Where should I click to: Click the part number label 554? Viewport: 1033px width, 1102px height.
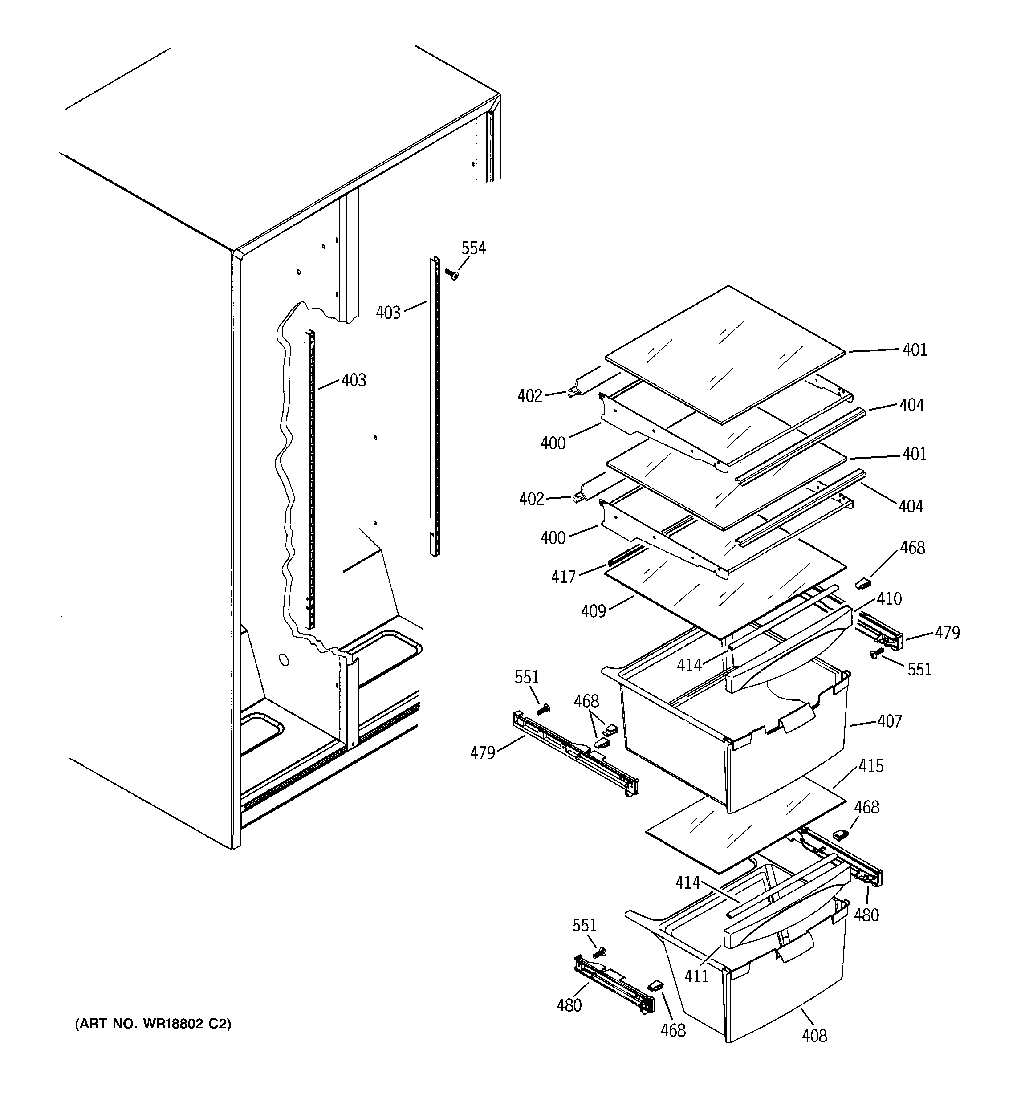click(x=473, y=248)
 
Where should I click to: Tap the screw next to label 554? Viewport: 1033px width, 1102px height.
click(x=452, y=273)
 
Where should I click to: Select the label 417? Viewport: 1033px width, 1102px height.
click(x=563, y=577)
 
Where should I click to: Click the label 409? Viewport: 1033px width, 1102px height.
click(x=593, y=611)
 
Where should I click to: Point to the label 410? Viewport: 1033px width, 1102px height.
click(x=889, y=599)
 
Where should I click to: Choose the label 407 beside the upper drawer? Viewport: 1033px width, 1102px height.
click(x=889, y=721)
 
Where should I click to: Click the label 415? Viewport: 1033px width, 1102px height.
click(x=870, y=766)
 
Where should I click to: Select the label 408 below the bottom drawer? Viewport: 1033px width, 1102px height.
click(x=814, y=1036)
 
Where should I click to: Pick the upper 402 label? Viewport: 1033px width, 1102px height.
click(x=529, y=396)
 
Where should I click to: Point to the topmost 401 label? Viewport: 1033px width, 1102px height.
click(x=915, y=350)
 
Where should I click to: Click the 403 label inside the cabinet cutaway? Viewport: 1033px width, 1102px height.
click(x=354, y=380)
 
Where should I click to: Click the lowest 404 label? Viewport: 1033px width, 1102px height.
click(x=911, y=506)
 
